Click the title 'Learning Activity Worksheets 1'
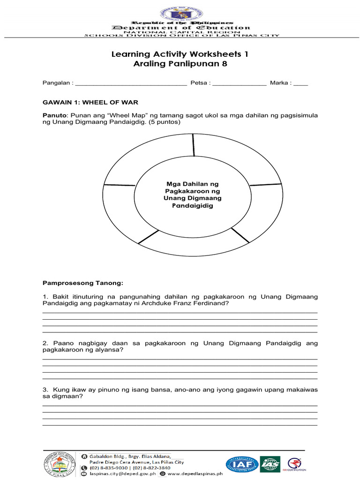click(x=180, y=54)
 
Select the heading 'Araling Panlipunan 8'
click(x=180, y=64)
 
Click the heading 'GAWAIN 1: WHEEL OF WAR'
click(x=90, y=102)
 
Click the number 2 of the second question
click(x=45, y=343)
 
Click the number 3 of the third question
click(x=45, y=390)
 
